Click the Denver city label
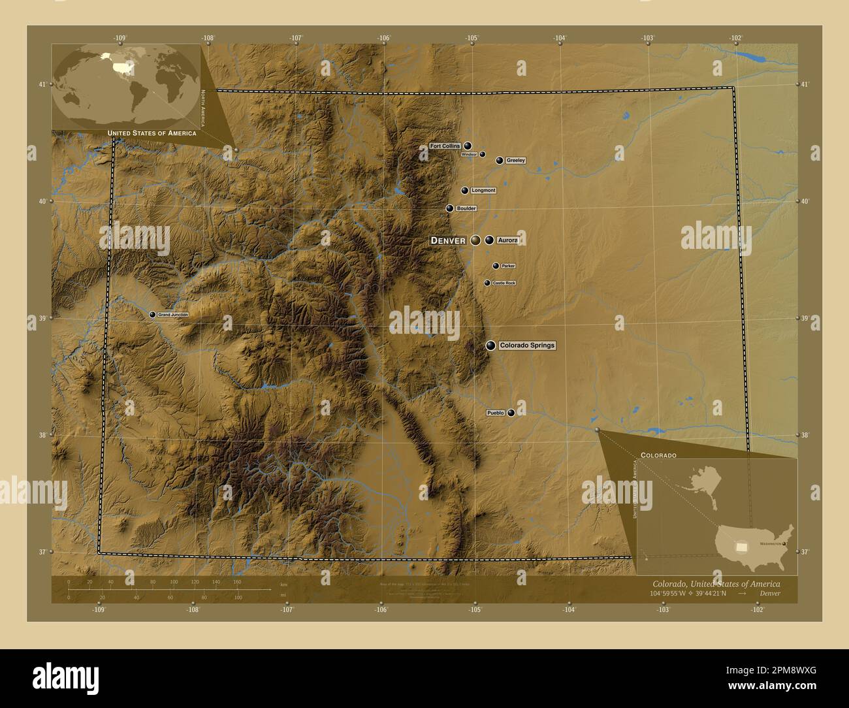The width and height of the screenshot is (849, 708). click(x=448, y=240)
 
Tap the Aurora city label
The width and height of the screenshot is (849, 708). click(x=507, y=240)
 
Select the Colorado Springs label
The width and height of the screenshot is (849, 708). click(x=526, y=345)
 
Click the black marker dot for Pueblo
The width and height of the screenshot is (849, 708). click(x=511, y=413)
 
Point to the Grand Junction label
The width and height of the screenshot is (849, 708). click(x=173, y=315)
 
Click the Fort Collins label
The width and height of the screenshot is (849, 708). click(x=445, y=146)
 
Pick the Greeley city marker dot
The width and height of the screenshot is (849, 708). click(x=500, y=160)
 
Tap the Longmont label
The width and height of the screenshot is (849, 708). click(x=483, y=191)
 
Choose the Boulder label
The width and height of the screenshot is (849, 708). click(x=466, y=208)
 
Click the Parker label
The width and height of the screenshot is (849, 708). click(x=508, y=266)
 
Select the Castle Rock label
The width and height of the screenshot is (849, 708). click(x=504, y=283)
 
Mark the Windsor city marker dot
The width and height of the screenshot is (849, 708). click(x=483, y=154)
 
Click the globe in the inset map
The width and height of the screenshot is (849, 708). click(x=125, y=85)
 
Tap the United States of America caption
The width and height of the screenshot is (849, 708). click(x=152, y=133)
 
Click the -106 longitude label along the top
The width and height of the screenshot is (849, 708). click(x=383, y=38)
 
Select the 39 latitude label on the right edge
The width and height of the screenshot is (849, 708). click(x=804, y=318)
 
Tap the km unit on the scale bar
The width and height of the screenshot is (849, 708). click(x=283, y=584)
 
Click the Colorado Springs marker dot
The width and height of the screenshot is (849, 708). click(x=490, y=346)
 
